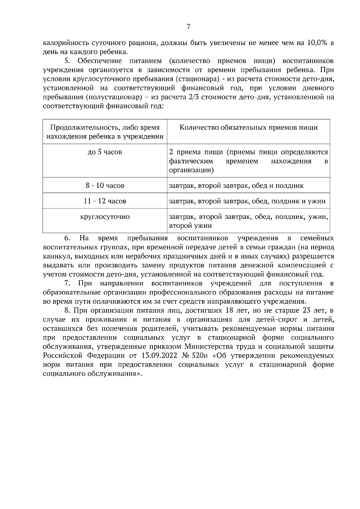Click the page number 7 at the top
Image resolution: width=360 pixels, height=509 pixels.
(188, 27)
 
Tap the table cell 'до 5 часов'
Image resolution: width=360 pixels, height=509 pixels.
(105, 152)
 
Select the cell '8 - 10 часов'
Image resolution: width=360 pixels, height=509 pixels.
(105, 186)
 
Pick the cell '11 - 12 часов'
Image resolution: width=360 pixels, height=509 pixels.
(105, 201)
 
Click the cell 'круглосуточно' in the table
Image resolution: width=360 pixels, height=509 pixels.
(105, 216)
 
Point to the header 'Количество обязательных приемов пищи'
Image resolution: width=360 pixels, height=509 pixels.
(248, 128)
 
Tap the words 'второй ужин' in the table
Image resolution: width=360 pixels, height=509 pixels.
(186, 226)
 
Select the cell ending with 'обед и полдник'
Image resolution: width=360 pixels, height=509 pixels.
(236, 186)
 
